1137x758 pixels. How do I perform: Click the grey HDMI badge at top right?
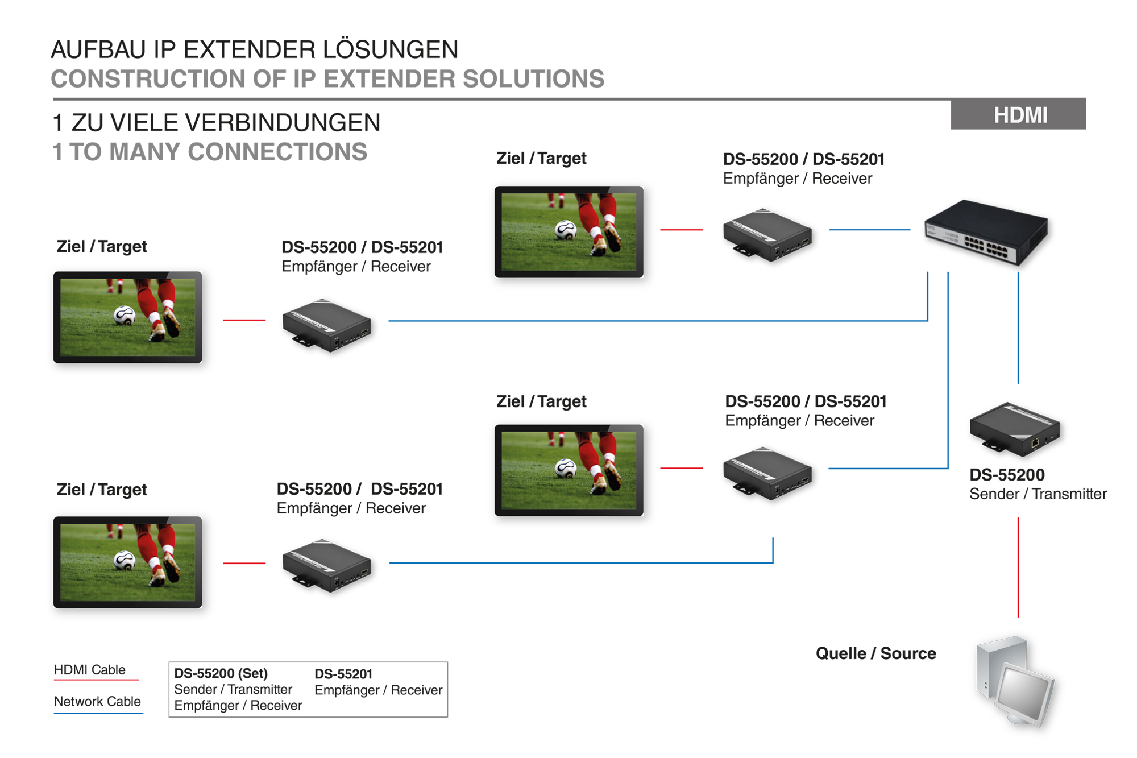coord(1018,114)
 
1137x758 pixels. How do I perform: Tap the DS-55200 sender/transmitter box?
coord(1015,429)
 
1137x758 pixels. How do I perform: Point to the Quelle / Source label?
coord(875,653)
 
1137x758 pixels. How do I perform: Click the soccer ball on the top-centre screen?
coord(566,230)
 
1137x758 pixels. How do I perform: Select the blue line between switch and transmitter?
coord(1018,328)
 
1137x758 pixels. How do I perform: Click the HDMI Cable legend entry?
coord(90,670)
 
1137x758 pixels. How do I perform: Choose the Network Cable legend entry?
coord(97,702)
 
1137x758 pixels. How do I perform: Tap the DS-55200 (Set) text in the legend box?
coord(221,673)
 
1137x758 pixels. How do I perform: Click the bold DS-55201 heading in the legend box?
coord(343,674)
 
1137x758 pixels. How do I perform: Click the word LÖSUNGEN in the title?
coord(391,50)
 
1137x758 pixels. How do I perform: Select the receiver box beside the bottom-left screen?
coord(327,566)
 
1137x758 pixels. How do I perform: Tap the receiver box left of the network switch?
coord(767,234)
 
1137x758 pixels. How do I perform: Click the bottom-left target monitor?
coord(128,562)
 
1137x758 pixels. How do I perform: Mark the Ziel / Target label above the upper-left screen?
coord(102,246)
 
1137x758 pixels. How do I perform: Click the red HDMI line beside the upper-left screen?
coord(244,320)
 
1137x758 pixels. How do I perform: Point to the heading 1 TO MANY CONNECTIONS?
coord(210,152)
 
